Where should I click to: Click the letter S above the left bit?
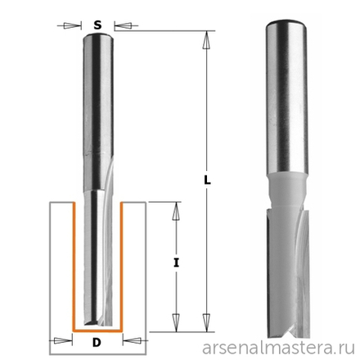click(97, 25)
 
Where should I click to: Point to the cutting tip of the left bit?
click(98, 322)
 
